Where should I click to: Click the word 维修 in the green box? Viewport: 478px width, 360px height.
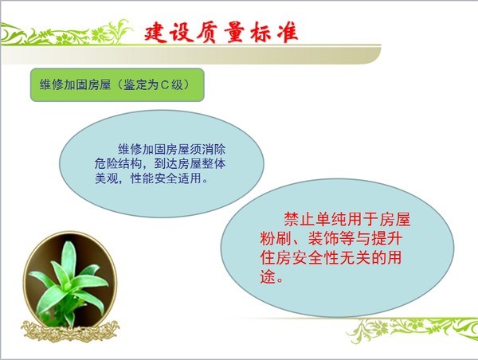(x=52, y=84)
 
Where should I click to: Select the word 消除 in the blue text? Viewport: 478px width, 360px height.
(x=214, y=149)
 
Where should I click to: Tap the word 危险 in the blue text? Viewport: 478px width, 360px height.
(x=106, y=164)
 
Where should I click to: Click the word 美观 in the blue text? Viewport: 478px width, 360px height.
(x=106, y=178)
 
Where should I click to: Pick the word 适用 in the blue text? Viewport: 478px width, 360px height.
(x=190, y=178)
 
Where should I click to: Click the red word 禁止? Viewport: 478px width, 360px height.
(x=300, y=219)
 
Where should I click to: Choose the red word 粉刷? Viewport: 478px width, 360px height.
(x=276, y=238)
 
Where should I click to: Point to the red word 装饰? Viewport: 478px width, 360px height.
(x=323, y=238)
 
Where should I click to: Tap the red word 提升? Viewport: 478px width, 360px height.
(x=387, y=238)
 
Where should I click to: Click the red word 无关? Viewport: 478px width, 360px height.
(x=355, y=258)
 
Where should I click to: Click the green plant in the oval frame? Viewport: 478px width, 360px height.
(x=69, y=284)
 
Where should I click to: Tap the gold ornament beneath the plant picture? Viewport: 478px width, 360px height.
(x=70, y=331)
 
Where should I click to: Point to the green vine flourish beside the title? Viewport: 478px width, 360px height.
(x=66, y=33)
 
